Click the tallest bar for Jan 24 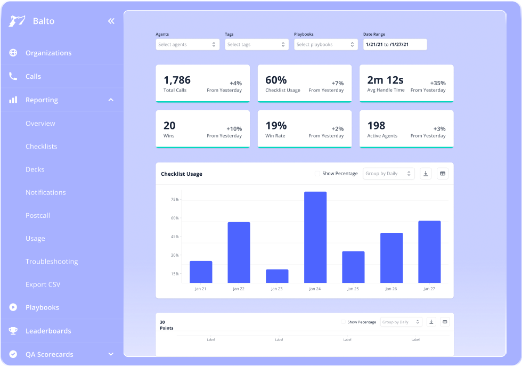tap(315, 237)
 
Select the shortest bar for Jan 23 tap(277, 276)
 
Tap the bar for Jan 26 tap(391, 258)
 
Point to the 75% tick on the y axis tap(175, 200)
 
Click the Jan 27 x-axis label tap(429, 289)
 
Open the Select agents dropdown tap(187, 45)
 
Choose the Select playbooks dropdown tap(325, 45)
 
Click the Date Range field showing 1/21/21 tap(395, 45)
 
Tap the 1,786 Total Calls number tap(177, 80)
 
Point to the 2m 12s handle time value tap(385, 80)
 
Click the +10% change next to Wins tap(234, 129)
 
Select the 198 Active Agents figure tap(376, 126)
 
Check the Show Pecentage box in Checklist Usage tap(317, 174)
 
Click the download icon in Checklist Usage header tap(426, 174)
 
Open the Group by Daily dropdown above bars tap(388, 174)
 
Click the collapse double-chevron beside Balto tap(111, 21)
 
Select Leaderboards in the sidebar tap(48, 331)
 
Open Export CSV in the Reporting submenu tap(43, 284)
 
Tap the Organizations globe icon tap(13, 53)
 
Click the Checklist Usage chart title tap(182, 174)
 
